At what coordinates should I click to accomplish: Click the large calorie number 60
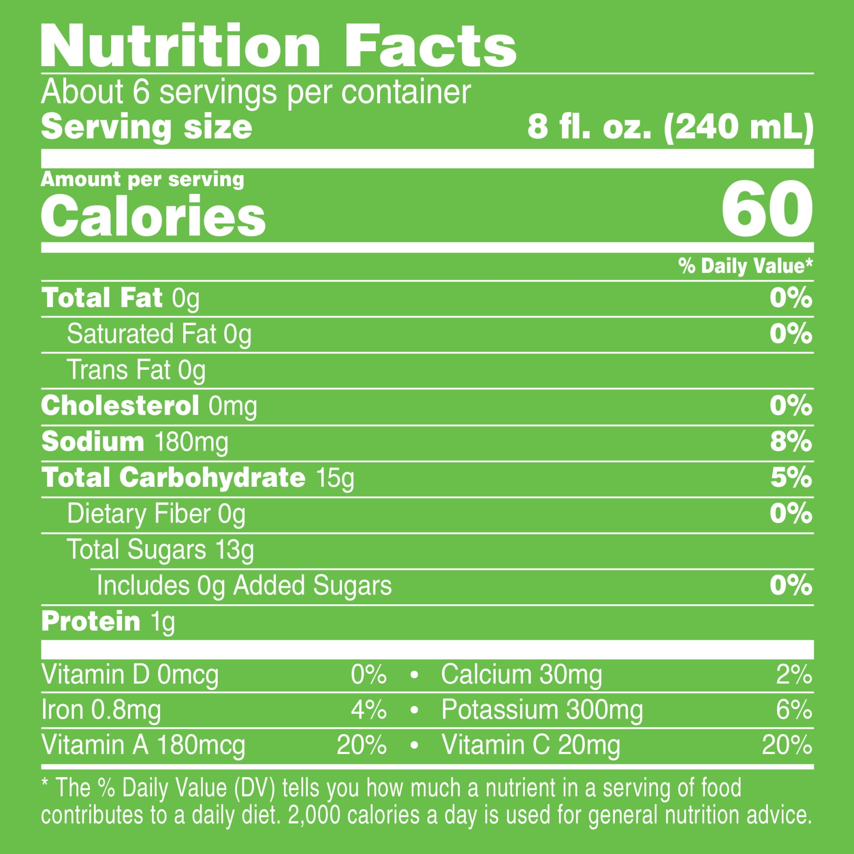(766, 209)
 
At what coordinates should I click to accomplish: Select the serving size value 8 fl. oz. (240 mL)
(670, 128)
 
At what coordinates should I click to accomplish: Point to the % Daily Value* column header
(745, 266)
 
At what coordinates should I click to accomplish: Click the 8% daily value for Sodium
(791, 442)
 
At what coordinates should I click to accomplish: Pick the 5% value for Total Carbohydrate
(791, 478)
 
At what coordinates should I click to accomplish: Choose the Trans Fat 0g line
(136, 370)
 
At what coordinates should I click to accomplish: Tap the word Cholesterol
(120, 405)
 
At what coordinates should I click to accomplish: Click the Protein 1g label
(108, 621)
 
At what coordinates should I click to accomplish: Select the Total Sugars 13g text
(161, 550)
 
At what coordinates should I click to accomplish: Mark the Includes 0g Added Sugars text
(244, 586)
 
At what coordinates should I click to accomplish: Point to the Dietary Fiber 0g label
(156, 514)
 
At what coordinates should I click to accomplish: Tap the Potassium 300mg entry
(542, 711)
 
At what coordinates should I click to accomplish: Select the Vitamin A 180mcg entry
(143, 745)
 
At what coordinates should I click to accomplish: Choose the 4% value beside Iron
(369, 711)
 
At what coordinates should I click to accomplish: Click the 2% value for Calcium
(794, 675)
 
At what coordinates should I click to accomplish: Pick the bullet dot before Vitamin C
(414, 746)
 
